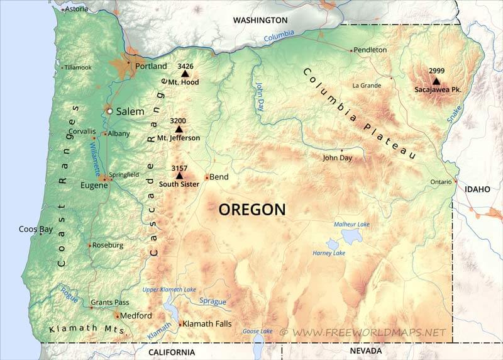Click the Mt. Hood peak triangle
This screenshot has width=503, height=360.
click(185, 74)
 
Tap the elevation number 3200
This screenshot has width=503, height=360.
click(178, 120)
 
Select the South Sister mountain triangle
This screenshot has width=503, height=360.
click(179, 176)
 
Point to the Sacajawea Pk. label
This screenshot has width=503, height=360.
click(438, 90)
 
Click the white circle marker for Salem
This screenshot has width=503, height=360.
click(110, 111)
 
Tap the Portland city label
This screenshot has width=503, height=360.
click(152, 66)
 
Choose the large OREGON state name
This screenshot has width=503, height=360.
click(251, 209)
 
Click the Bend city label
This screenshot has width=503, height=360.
click(219, 177)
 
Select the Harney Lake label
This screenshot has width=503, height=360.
click(329, 253)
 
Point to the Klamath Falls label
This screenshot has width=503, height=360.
click(207, 324)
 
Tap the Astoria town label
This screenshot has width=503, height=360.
click(76, 9)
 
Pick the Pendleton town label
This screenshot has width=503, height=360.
click(370, 50)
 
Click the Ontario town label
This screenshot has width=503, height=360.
click(441, 182)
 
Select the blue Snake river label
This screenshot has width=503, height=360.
click(454, 113)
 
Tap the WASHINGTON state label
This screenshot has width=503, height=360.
click(260, 20)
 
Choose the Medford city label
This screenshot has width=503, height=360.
click(136, 315)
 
